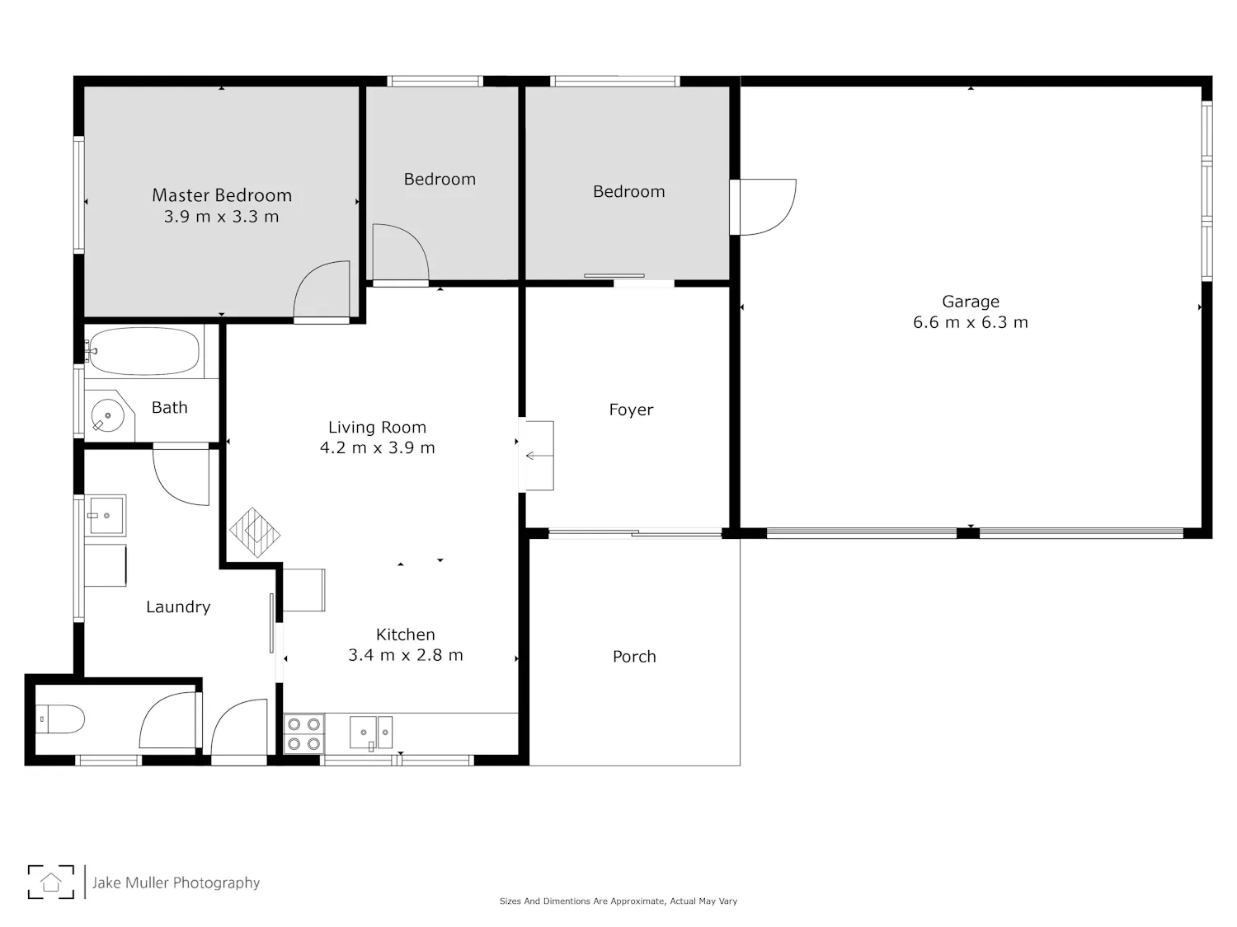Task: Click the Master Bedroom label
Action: pos(222,195)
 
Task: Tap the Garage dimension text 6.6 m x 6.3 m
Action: pos(970,322)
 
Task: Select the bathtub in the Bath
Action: pos(144,351)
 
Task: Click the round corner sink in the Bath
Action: pos(108,416)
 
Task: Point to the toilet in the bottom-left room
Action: pos(59,719)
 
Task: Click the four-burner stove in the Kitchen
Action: pos(303,734)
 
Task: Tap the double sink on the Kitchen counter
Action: pos(371,733)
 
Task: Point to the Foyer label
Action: pos(631,410)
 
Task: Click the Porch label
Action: pos(634,656)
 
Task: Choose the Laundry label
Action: pos(178,606)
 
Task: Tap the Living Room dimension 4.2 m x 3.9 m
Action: pos(377,448)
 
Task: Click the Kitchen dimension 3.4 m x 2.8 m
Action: pos(405,655)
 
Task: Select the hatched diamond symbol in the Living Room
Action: pos(254,532)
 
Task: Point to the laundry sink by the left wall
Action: pos(106,516)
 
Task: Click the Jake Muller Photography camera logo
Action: pos(51,882)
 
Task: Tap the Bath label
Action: pos(169,408)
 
